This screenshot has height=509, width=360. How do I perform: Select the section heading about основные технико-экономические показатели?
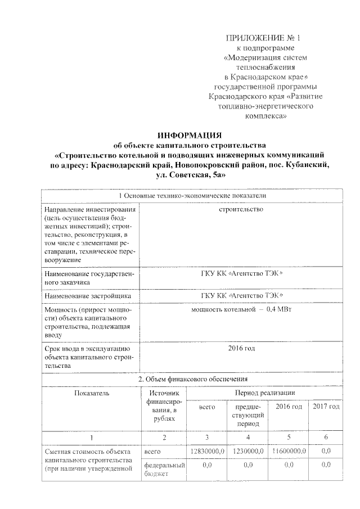click(x=191, y=195)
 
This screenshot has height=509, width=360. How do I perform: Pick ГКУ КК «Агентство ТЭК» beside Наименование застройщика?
click(x=241, y=295)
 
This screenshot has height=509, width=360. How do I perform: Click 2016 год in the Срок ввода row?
click(x=241, y=349)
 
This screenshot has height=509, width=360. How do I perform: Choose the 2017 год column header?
click(x=326, y=406)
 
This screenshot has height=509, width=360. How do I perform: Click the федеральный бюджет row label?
click(x=164, y=470)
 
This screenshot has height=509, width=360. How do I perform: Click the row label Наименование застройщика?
click(x=88, y=295)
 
